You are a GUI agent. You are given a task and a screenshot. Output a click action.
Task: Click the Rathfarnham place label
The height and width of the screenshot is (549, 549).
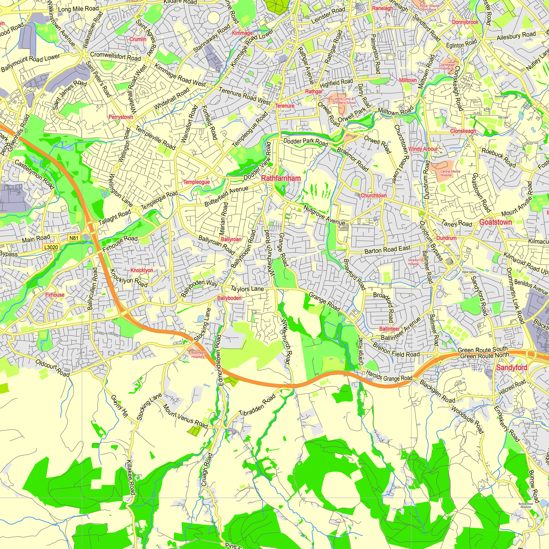281,178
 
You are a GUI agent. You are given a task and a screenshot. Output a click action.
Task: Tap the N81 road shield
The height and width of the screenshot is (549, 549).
74,238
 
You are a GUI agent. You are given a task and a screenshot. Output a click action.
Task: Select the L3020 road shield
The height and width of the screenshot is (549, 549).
51,247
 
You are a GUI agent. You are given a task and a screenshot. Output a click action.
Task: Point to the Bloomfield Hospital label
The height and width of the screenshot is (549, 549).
198,355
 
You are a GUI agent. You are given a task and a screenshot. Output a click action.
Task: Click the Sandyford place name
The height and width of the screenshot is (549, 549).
511,368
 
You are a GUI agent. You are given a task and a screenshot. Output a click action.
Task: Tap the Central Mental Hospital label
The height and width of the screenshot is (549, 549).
450,173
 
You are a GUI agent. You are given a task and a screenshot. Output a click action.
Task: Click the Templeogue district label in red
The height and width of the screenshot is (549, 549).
196,182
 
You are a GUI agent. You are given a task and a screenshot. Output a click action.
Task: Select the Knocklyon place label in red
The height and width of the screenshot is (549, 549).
142,270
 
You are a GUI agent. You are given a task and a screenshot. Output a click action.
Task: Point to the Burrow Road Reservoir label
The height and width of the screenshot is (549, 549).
526,505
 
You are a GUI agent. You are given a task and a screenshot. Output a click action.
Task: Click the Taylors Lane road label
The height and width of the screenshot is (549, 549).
247,289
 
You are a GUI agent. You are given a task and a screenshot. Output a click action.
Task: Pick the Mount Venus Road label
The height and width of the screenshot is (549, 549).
185,416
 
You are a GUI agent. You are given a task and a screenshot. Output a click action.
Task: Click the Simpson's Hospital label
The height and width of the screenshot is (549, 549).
415,262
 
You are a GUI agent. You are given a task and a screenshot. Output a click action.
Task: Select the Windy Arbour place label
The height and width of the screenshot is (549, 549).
423,149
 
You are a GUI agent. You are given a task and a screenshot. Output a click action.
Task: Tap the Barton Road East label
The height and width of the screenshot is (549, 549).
387,250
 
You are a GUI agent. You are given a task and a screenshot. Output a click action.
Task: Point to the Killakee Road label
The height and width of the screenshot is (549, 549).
130,477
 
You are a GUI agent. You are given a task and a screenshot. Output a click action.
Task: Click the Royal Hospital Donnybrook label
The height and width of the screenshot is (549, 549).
429,8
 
